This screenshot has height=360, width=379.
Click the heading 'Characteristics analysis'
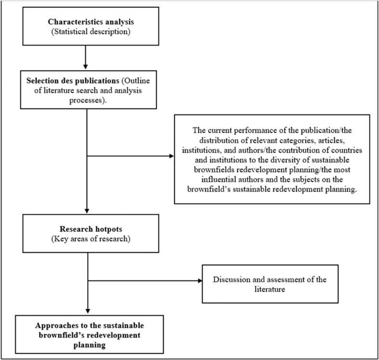[x=85, y=22]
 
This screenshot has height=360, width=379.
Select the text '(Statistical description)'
[x=85, y=32]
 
